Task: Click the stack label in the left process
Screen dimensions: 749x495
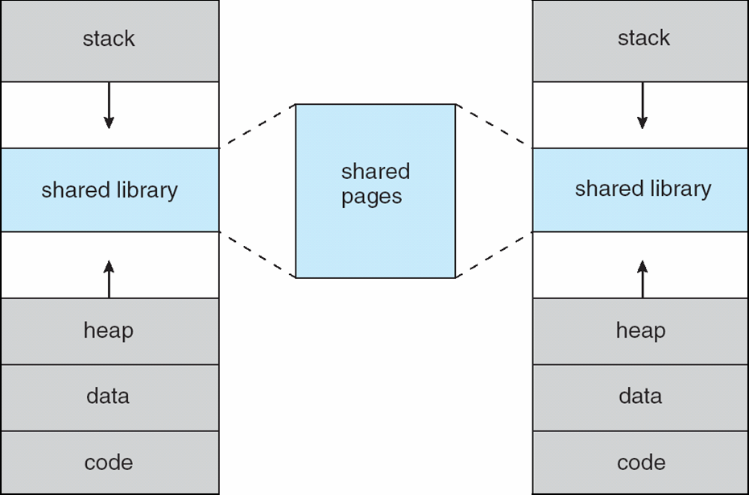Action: [109, 38]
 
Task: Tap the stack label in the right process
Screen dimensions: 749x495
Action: [643, 38]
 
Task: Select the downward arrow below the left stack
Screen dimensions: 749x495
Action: [109, 106]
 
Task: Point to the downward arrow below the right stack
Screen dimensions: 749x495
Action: [643, 106]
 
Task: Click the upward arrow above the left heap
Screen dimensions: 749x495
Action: [109, 279]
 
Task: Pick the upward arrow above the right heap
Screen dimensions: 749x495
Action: [643, 279]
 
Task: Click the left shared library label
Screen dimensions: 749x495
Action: [110, 190]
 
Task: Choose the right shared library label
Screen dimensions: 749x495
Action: [643, 189]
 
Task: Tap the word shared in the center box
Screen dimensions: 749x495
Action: [375, 171]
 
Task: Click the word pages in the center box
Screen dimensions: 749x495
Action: [371, 197]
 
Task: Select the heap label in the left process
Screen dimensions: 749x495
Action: [109, 330]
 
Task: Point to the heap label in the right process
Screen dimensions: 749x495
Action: [640, 330]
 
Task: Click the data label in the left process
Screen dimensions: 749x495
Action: [108, 396]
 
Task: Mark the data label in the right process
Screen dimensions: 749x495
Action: [640, 396]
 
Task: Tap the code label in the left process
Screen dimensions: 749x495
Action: [109, 463]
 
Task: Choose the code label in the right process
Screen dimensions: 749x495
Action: [641, 463]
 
